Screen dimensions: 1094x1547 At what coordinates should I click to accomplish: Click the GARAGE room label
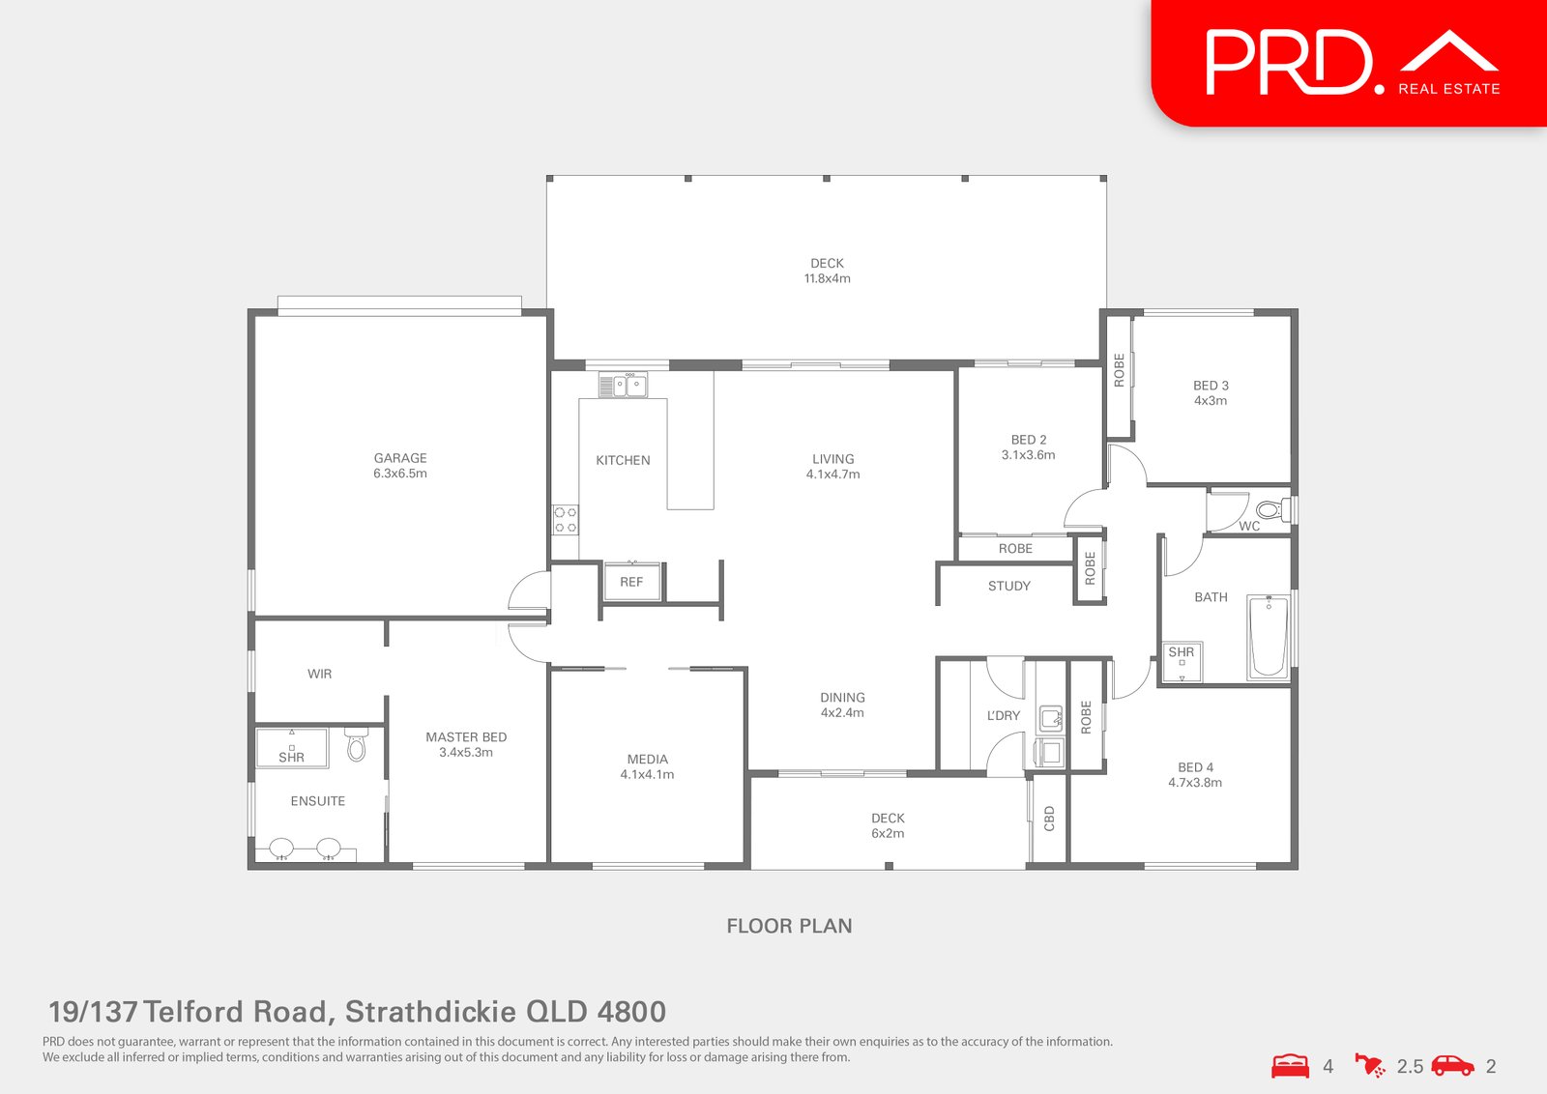click(x=400, y=458)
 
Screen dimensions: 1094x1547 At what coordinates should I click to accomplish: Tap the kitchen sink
click(x=623, y=386)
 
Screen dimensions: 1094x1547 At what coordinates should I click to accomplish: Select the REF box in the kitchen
click(x=631, y=582)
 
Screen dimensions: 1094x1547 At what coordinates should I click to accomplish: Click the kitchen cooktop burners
click(x=566, y=520)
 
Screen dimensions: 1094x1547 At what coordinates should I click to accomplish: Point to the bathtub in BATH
click(x=1268, y=637)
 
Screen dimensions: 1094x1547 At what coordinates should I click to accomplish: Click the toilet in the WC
click(x=1270, y=510)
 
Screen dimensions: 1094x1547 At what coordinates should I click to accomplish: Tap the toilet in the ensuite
click(x=357, y=745)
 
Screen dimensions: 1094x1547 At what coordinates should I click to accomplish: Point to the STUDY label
click(x=1008, y=586)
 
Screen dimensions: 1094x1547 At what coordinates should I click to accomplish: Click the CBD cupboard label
click(x=1049, y=819)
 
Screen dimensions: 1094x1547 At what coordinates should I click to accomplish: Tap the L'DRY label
click(x=1004, y=716)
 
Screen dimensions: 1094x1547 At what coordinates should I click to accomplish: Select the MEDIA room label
click(x=648, y=760)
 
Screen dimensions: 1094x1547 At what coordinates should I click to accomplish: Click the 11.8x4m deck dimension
click(x=828, y=278)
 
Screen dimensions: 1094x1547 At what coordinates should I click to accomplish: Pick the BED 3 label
click(x=1211, y=386)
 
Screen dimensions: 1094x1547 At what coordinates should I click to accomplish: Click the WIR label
click(x=320, y=674)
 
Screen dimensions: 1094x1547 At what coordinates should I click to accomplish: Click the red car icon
click(x=1452, y=1066)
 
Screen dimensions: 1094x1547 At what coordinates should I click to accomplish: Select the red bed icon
click(x=1290, y=1066)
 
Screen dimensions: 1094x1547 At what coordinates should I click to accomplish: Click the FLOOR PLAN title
click(x=789, y=926)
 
